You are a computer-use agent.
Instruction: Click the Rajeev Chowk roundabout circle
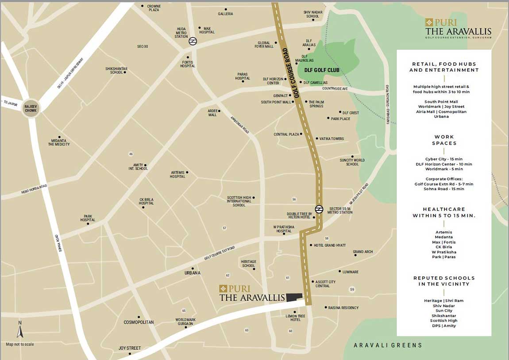point(31,107)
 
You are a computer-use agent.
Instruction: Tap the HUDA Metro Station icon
point(193,41)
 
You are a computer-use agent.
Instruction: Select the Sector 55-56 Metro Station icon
point(319,209)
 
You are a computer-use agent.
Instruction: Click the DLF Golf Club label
point(322,70)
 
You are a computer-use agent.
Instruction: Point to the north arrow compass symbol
point(20,329)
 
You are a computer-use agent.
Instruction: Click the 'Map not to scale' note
point(19,344)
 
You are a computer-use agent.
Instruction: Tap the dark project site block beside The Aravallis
point(294,297)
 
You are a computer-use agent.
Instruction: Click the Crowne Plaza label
point(153,8)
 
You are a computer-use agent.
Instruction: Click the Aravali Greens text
point(388,345)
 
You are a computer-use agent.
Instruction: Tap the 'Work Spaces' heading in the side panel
point(444,140)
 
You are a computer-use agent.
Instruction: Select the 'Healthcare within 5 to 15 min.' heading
point(443,212)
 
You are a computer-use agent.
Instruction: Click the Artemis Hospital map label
point(177,174)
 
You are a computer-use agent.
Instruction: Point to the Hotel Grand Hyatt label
point(330,245)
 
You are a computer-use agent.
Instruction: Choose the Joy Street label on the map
point(130,348)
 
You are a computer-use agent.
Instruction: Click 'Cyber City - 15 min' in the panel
point(443,159)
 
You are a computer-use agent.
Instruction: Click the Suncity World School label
point(352,162)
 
